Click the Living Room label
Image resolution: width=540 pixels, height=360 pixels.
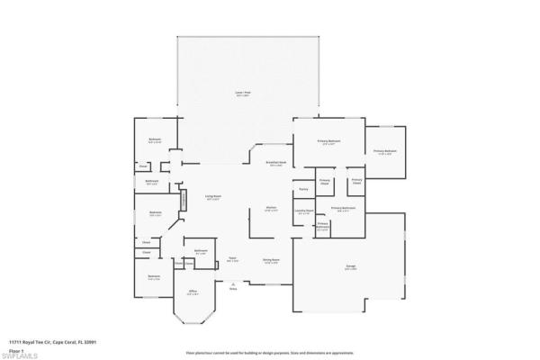pos(212,198)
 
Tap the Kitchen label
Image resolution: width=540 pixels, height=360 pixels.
pos(270,209)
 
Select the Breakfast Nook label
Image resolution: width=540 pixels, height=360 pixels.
pos(275,164)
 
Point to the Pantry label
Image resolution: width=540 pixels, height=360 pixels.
pos(303,190)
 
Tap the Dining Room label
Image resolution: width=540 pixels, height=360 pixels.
pos(270,262)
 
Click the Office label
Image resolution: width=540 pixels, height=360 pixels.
pos(193,293)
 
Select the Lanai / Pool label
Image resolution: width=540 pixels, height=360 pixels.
pos(243,94)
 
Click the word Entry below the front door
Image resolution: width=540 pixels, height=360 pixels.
pos(232,289)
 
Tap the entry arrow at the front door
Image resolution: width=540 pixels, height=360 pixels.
pos(232,283)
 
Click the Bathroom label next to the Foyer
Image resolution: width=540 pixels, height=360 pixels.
pos(202,252)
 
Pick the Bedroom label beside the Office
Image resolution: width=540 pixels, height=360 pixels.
pos(154,278)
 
